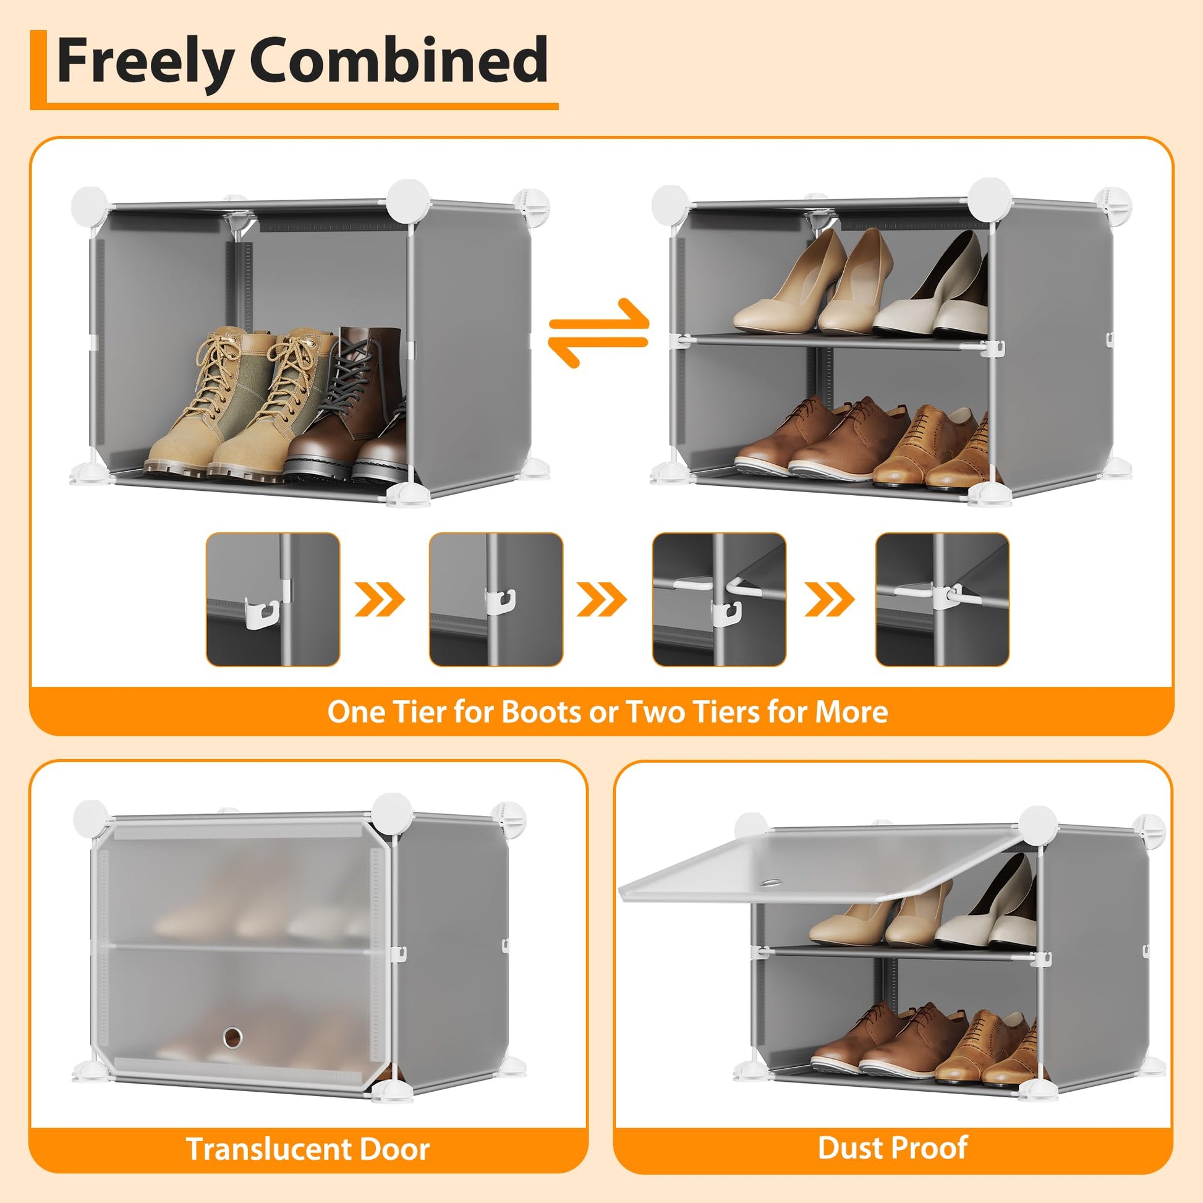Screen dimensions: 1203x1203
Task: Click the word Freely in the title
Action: click(x=145, y=62)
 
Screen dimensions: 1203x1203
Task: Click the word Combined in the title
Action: click(x=399, y=60)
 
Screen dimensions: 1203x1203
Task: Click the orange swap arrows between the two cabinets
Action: click(x=598, y=333)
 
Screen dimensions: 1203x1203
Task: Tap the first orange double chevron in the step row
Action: click(x=380, y=599)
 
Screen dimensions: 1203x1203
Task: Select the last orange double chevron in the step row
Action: click(x=830, y=599)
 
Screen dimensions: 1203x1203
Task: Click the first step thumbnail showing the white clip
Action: click(x=273, y=599)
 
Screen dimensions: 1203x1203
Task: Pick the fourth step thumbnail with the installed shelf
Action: click(x=942, y=599)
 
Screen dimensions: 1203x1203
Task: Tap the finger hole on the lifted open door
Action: click(x=772, y=882)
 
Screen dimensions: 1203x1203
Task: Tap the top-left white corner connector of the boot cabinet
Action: click(x=90, y=205)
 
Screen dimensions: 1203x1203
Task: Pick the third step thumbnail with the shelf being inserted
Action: click(x=719, y=599)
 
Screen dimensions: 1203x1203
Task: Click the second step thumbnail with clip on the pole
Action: click(x=496, y=599)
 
